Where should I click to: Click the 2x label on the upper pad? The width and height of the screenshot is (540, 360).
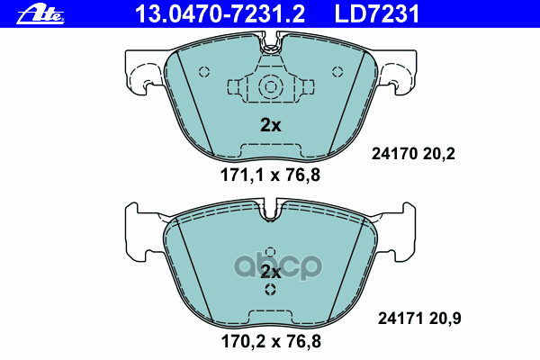[270, 126]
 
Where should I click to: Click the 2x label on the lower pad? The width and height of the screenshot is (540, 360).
[271, 271]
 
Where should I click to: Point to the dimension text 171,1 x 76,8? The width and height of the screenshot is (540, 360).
[270, 176]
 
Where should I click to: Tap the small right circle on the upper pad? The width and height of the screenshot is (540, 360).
[337, 73]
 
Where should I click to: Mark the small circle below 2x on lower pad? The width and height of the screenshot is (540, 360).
[270, 290]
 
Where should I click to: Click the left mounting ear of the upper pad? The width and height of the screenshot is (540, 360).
[138, 73]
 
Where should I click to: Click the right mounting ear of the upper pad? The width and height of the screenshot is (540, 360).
[402, 73]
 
